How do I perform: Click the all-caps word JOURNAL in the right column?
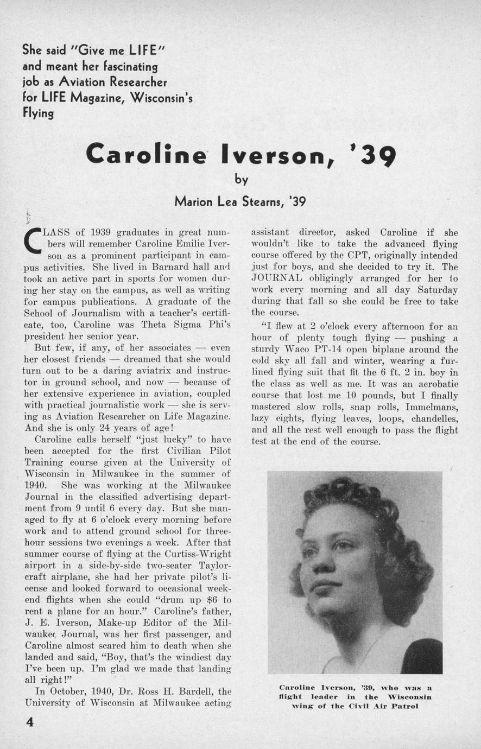[273, 278]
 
